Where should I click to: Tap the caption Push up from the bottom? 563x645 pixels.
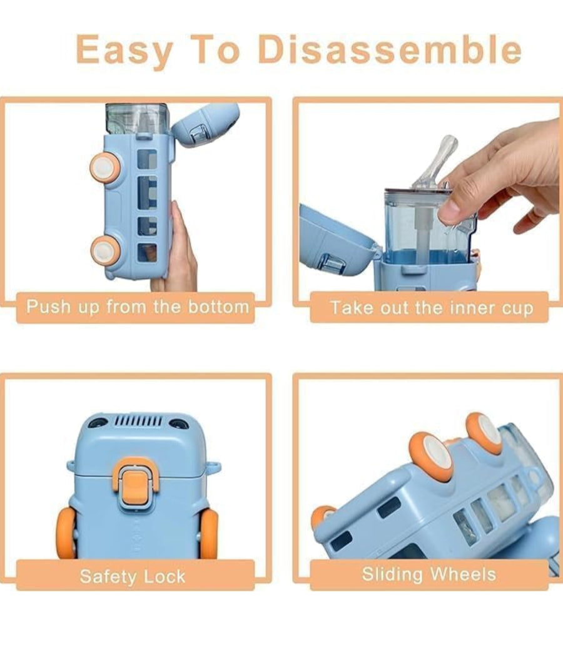138,307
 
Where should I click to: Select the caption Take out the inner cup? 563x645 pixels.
432,308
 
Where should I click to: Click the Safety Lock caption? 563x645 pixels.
133,576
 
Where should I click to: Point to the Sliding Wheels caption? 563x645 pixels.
429,574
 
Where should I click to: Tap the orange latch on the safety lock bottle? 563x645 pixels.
136,485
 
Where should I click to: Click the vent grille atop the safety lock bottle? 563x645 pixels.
138,421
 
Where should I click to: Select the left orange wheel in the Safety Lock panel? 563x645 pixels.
66,533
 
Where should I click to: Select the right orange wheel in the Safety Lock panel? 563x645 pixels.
208,534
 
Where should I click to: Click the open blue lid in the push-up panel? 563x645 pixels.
205,124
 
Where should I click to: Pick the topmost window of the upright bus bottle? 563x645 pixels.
147,159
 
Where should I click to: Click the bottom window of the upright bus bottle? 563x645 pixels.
147,253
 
